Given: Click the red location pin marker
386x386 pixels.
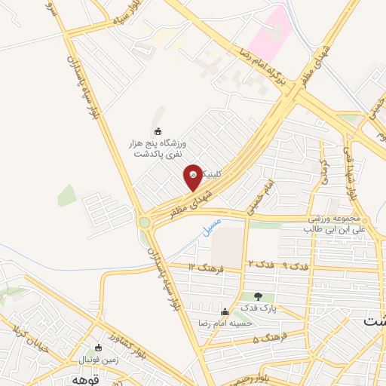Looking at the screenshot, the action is pyautogui.click(x=193, y=177).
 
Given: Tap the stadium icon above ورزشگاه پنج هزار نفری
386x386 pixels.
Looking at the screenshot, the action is pyautogui.click(x=158, y=132).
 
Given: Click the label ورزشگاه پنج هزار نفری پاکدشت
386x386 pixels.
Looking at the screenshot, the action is pyautogui.click(x=159, y=148).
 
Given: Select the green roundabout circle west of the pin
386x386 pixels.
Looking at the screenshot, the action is pyautogui.click(x=144, y=222).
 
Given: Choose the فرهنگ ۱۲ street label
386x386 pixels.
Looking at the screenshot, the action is pyautogui.click(x=203, y=267).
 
